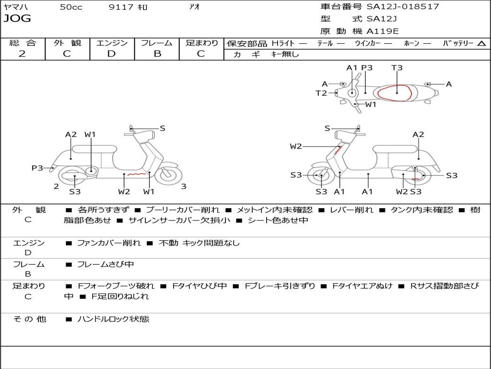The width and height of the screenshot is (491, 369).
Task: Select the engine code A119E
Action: pyautogui.click(x=382, y=31)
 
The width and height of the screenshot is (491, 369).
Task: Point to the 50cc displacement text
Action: pyautogui.click(x=71, y=7)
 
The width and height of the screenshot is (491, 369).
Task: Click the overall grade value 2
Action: pyautogui.click(x=22, y=53)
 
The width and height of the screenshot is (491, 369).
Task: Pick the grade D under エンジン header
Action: pyautogui.click(x=111, y=53)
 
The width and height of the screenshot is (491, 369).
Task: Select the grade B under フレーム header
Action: pyautogui.click(x=157, y=53)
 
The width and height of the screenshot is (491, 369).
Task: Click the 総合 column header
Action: pyautogui.click(x=23, y=43)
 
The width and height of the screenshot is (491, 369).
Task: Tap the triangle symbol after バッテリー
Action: pyautogui.click(x=481, y=43)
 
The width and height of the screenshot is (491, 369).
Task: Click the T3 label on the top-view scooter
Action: pyautogui.click(x=397, y=68)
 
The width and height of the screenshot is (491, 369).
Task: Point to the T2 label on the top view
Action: pyautogui.click(x=321, y=93)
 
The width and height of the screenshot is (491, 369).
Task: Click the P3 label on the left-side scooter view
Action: pyautogui.click(x=37, y=168)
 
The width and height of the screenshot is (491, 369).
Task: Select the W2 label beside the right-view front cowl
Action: pyautogui.click(x=296, y=146)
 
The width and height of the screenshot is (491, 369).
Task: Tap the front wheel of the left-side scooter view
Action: pyautogui.click(x=167, y=175)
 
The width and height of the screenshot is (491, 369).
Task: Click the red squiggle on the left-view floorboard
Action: pyautogui.click(x=136, y=174)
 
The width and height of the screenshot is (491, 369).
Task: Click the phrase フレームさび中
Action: pyautogui.click(x=105, y=264)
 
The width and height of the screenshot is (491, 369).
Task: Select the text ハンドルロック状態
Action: pyautogui.click(x=113, y=319)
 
